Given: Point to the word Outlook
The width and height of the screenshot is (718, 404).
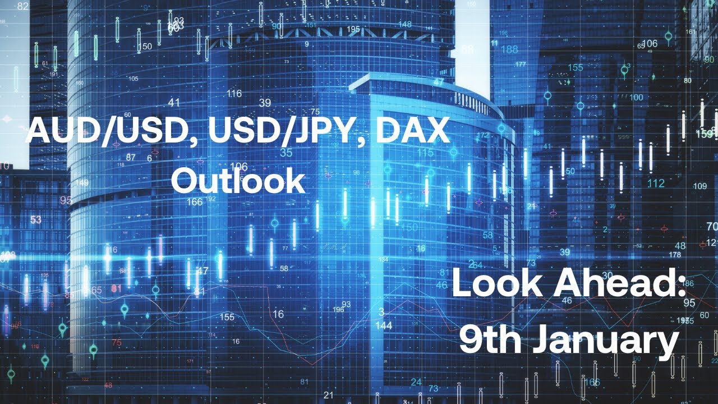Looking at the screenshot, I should tap(238, 180).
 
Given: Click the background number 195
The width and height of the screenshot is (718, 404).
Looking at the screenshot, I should tap(353, 29).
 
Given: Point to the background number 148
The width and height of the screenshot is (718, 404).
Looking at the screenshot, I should tap(404, 24).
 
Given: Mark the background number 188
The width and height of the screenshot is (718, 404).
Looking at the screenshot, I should tap(509, 49).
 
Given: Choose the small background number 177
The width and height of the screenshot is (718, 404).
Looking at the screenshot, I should tap(521, 64).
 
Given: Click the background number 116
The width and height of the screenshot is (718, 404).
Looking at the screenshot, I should tap(234, 93).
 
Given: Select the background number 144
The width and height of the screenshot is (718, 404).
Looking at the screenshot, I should tap(384, 325).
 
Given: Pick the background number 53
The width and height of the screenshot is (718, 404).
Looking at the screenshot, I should tap(36, 219).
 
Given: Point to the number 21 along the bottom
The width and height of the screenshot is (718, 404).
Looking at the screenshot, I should tap(329, 394).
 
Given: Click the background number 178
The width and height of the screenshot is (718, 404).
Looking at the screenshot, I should tap(675, 255).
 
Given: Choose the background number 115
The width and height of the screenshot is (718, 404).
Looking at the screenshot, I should tap(425, 153).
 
